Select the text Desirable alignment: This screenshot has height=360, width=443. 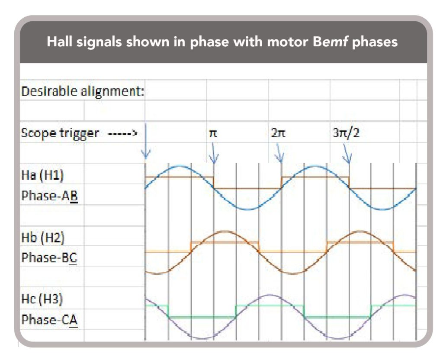coord(82,91)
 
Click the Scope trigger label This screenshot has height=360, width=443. coord(60,133)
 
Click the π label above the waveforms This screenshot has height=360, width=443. coord(213,133)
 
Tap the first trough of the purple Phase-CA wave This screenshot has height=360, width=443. coord(201,338)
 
